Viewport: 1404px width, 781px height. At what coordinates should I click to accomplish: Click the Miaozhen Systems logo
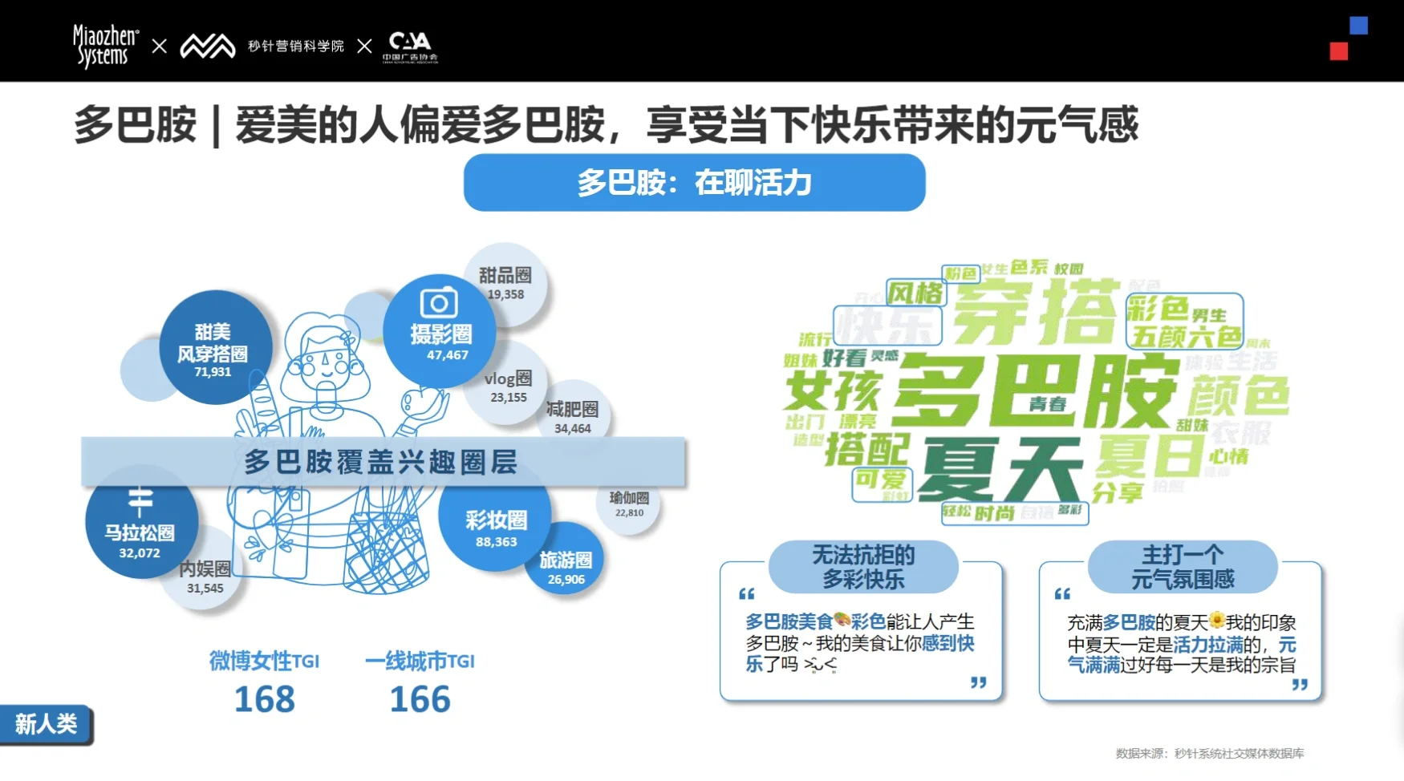(105, 46)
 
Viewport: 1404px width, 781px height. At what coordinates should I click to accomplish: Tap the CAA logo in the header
(410, 46)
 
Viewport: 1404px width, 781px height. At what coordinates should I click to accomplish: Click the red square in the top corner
(1338, 51)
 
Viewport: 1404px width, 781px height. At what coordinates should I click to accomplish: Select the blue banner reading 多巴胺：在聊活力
(694, 183)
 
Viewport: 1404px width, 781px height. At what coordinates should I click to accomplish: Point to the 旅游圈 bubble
(566, 565)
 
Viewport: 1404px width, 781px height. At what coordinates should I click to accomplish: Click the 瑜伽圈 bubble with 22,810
(629, 504)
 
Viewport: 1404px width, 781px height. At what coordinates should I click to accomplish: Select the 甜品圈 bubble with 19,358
(505, 282)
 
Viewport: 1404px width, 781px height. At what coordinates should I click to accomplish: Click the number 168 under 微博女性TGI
(265, 699)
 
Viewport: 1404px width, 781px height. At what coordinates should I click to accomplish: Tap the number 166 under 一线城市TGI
(420, 699)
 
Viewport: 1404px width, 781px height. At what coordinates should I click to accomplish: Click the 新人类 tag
(46, 724)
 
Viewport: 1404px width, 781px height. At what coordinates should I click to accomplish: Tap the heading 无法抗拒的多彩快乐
(863, 566)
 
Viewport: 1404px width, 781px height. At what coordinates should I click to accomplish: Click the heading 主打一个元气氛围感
(1183, 566)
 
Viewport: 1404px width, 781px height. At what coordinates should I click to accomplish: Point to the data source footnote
(1209, 753)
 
